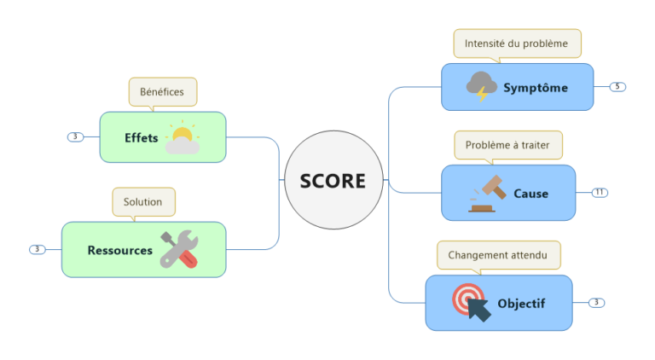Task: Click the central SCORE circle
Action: click(333, 181)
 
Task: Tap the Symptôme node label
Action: click(535, 88)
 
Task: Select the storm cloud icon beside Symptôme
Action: click(482, 86)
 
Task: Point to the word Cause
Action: click(530, 194)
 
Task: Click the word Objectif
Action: click(521, 303)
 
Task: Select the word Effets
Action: click(142, 137)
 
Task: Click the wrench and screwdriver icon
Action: click(180, 249)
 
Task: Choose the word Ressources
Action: click(120, 250)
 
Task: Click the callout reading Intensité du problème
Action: click(517, 43)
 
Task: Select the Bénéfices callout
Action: click(162, 91)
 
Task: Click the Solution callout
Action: click(143, 202)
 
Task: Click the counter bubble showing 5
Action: click(617, 87)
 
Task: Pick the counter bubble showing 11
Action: click(600, 193)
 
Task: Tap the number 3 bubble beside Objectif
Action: click(596, 303)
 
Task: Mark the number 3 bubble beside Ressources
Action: click(37, 250)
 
